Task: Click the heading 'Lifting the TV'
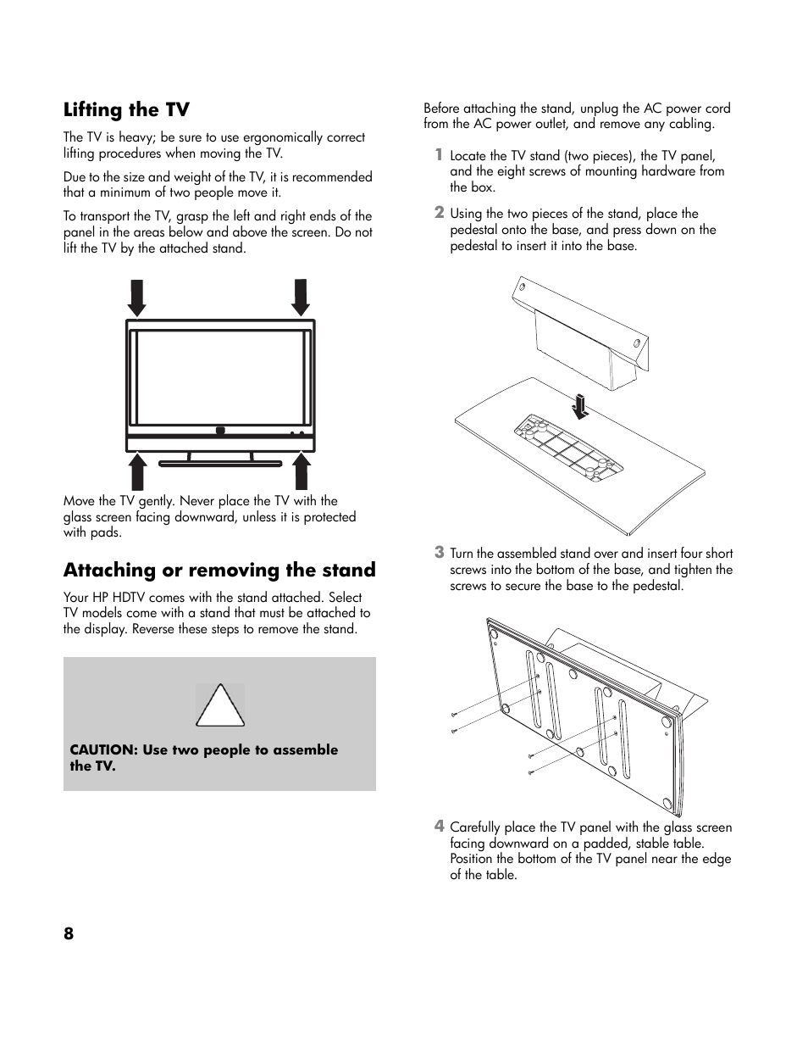click(x=126, y=110)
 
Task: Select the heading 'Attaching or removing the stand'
click(x=219, y=570)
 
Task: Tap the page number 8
click(x=69, y=933)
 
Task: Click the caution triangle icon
click(x=220, y=706)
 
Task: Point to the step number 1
click(x=439, y=154)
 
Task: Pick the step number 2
click(x=439, y=212)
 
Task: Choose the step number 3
click(x=439, y=552)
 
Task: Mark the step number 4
click(x=439, y=826)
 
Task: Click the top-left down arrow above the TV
click(x=136, y=297)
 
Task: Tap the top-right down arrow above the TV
click(x=300, y=297)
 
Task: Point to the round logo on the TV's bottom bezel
click(x=220, y=431)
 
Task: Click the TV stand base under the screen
click(x=220, y=463)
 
